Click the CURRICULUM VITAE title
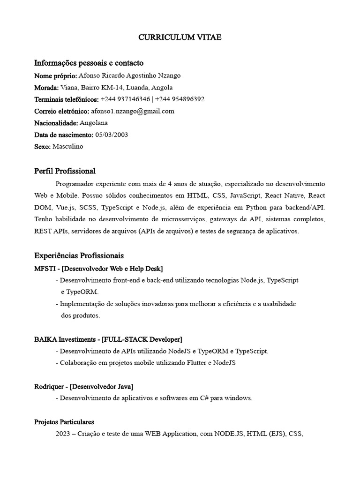[180, 38]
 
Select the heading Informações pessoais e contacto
[89, 63]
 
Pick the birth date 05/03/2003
[112, 135]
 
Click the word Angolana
[94, 123]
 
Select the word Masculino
[68, 147]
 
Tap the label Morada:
[46, 88]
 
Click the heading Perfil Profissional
[65, 171]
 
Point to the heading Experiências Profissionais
[79, 256]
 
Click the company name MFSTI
[45, 269]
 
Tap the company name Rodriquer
[49, 387]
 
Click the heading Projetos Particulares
[64, 422]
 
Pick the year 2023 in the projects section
[62, 434]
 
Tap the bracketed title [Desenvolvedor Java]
[101, 387]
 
